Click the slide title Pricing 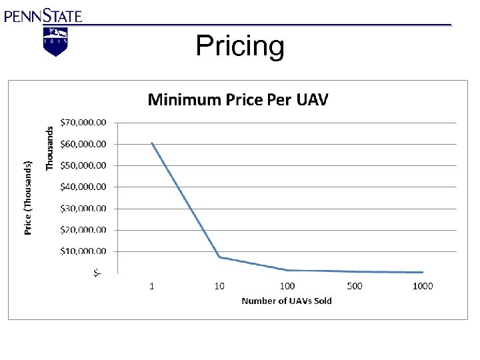tap(240, 47)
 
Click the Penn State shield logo tap(56, 41)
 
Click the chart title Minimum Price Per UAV tap(238, 100)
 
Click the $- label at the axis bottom tap(97, 273)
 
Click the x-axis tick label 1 tap(152, 286)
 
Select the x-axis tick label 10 tap(219, 286)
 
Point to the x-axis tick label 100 tap(287, 286)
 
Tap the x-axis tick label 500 tap(355, 286)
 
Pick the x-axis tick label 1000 tap(423, 286)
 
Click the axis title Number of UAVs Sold tap(287, 301)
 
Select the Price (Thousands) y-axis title tap(28, 198)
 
